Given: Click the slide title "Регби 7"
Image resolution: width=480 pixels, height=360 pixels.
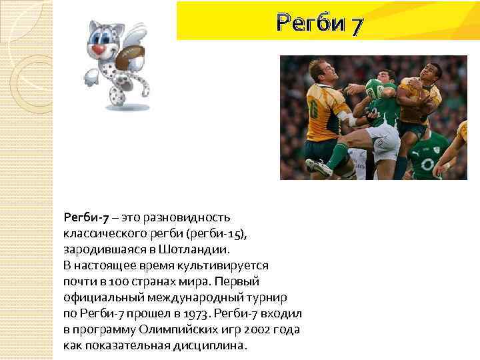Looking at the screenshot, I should (x=320, y=25).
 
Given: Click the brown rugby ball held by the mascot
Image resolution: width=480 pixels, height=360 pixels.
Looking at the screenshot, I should (x=127, y=59).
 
